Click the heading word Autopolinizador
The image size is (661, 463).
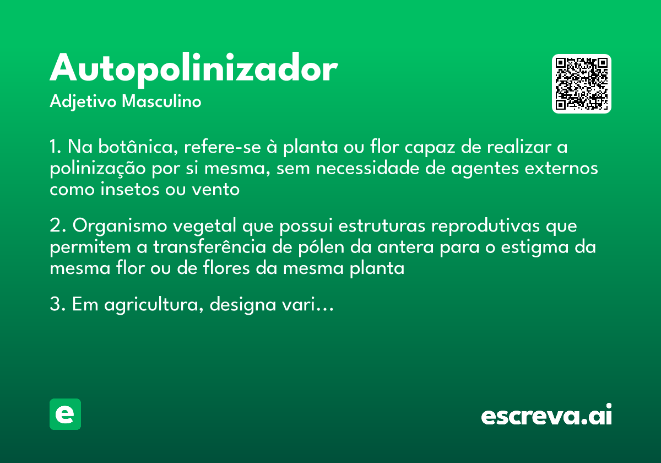(193, 69)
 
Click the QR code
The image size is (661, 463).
(582, 84)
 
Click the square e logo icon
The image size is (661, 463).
(65, 414)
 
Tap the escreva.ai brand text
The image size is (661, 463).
(546, 416)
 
